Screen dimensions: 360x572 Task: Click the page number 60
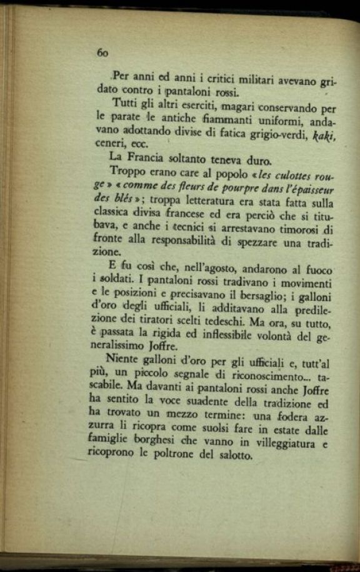point(102,53)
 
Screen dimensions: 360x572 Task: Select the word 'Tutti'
point(123,103)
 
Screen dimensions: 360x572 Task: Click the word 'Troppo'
point(126,171)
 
